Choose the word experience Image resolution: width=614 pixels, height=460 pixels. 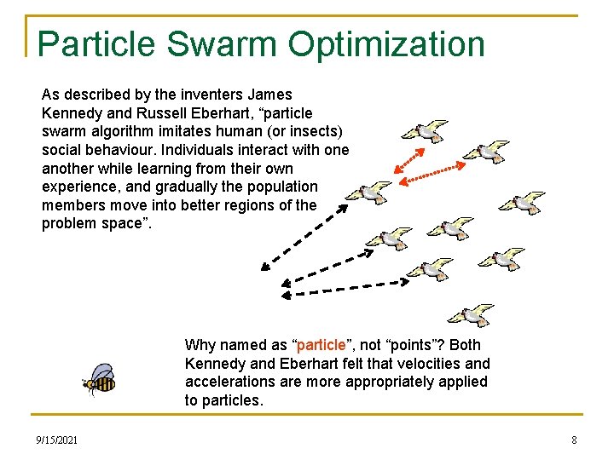pos(78,187)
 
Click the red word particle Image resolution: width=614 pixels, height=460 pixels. pos(321,345)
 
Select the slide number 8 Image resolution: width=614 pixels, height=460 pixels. pos(574,440)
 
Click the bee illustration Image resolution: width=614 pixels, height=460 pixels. pos(100,380)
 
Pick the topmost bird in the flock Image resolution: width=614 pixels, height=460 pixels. pos(424,131)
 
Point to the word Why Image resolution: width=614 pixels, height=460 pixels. pos(200,345)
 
